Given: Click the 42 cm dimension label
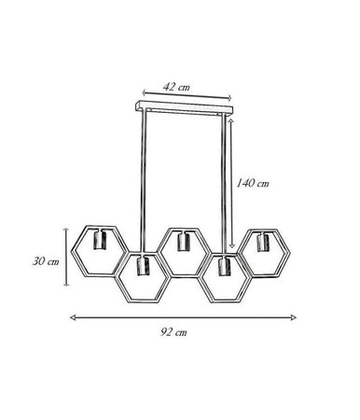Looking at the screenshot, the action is pyautogui.click(x=176, y=87).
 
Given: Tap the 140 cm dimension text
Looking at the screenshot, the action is pyautogui.click(x=253, y=183).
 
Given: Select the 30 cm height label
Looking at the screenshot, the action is pyautogui.click(x=46, y=261).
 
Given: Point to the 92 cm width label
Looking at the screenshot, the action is pyautogui.click(x=174, y=332).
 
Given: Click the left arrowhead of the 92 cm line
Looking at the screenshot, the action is pyautogui.click(x=73, y=317).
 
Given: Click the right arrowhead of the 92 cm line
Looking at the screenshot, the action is pyautogui.click(x=294, y=317).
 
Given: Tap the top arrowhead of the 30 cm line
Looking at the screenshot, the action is pyautogui.click(x=66, y=230).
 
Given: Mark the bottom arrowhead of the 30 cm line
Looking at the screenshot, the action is pyautogui.click(x=66, y=283).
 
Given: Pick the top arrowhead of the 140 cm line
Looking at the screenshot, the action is pyautogui.click(x=231, y=120).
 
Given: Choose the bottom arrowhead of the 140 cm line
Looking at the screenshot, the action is pyautogui.click(x=231, y=245).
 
